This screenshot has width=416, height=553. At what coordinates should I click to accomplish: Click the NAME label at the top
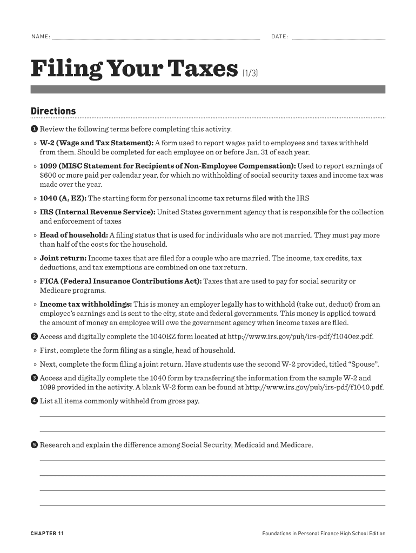[x=40, y=37]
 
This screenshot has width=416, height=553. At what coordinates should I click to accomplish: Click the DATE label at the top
[x=279, y=37]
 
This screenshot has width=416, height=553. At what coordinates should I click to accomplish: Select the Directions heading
[x=53, y=111]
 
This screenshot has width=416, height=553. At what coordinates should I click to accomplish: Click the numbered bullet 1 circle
[x=33, y=129]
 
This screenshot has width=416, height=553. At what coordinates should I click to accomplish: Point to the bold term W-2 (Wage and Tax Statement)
[x=96, y=143]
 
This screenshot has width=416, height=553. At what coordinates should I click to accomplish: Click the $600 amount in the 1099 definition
[x=48, y=175]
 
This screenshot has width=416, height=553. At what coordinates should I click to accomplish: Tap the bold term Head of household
[x=73, y=235]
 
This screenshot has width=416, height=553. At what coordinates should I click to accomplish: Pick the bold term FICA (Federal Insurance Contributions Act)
[x=120, y=281]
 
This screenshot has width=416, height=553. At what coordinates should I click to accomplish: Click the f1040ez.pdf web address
[x=300, y=336]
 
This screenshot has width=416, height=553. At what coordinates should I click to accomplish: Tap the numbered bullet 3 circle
[x=33, y=378]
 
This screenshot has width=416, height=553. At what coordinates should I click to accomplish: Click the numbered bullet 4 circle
[x=33, y=401]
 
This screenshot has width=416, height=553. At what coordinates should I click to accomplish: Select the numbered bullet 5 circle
[x=33, y=445]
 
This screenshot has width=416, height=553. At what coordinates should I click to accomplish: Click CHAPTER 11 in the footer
[x=47, y=534]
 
